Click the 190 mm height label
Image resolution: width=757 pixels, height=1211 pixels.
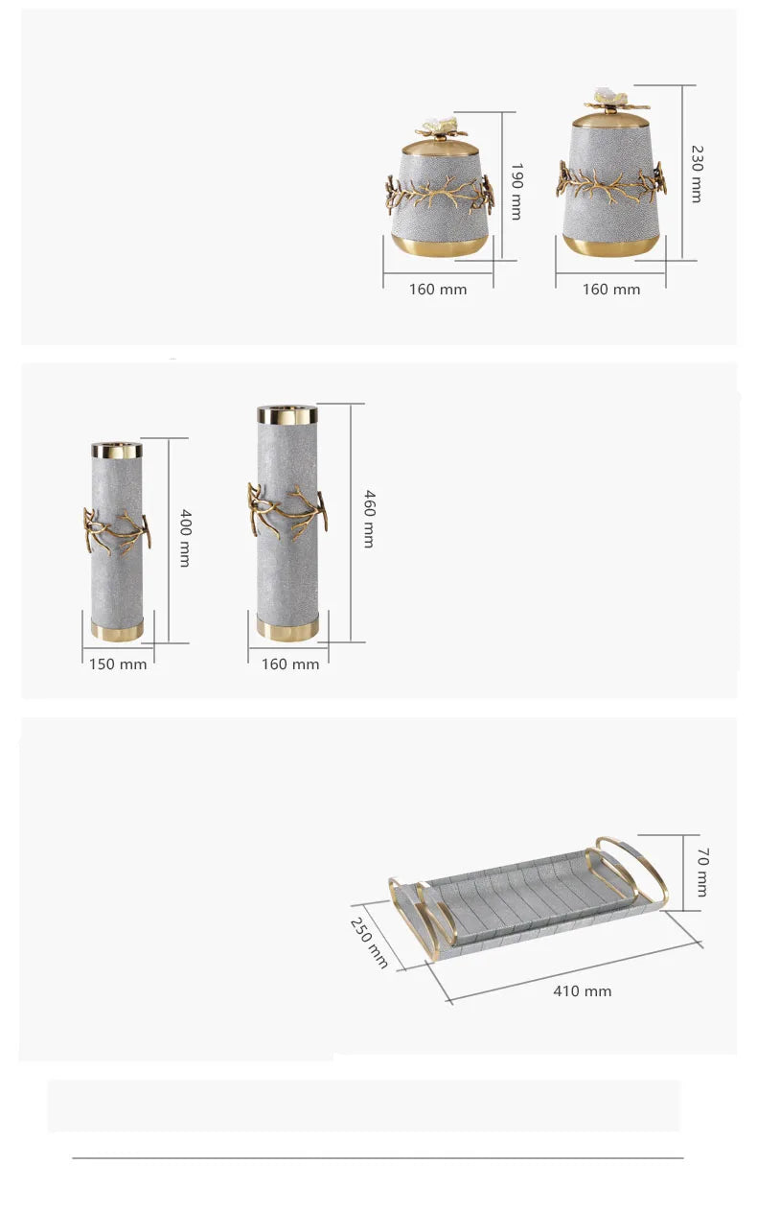(x=516, y=192)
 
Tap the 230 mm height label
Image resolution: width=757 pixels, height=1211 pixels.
(x=697, y=175)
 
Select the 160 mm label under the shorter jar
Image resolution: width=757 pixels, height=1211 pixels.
(x=438, y=290)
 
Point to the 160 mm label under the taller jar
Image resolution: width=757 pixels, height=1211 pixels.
(x=611, y=290)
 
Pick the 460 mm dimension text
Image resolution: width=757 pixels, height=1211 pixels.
(x=369, y=519)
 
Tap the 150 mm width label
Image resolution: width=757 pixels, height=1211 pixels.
(x=118, y=664)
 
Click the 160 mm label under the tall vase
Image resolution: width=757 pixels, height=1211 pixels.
(x=290, y=664)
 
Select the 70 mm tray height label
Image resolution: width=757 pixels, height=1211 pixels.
(x=701, y=873)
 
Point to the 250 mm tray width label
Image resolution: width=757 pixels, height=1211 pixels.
(x=370, y=943)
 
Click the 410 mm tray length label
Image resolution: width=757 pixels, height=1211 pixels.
(x=582, y=991)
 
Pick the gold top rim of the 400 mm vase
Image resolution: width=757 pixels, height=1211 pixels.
(x=117, y=451)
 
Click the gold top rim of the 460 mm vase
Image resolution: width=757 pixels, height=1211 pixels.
(x=287, y=413)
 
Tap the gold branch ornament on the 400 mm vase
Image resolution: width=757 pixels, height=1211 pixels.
(x=116, y=530)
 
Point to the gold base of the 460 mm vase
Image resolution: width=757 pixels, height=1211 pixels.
(x=287, y=630)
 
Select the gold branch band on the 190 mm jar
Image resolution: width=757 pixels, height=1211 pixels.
(x=439, y=194)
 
